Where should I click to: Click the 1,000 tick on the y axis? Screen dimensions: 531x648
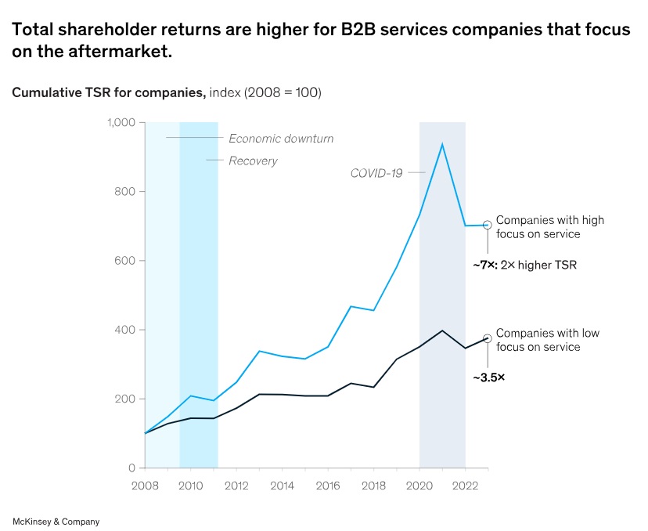(121, 123)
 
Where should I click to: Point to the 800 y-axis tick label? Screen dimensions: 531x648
(125, 192)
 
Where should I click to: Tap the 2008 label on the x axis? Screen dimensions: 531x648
(146, 486)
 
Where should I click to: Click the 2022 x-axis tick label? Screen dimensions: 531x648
(466, 486)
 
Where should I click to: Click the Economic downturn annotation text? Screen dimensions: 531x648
(281, 139)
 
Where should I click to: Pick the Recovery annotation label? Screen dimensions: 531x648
(253, 161)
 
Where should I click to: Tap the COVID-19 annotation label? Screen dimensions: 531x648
(376, 173)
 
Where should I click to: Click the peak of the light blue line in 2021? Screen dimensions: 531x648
(443, 144)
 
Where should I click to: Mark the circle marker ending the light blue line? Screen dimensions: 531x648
(488, 225)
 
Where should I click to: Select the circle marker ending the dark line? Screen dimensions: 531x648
(488, 338)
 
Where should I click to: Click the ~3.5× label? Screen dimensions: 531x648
(488, 377)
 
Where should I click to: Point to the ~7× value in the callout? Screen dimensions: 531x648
(484, 266)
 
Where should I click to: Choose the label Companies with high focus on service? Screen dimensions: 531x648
(549, 227)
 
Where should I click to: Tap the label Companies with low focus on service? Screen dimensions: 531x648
(547, 340)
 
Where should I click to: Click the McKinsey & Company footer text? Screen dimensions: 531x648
(56, 521)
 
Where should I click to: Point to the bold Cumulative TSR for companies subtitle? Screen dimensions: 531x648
(108, 92)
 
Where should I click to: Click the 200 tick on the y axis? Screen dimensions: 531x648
(125, 399)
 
